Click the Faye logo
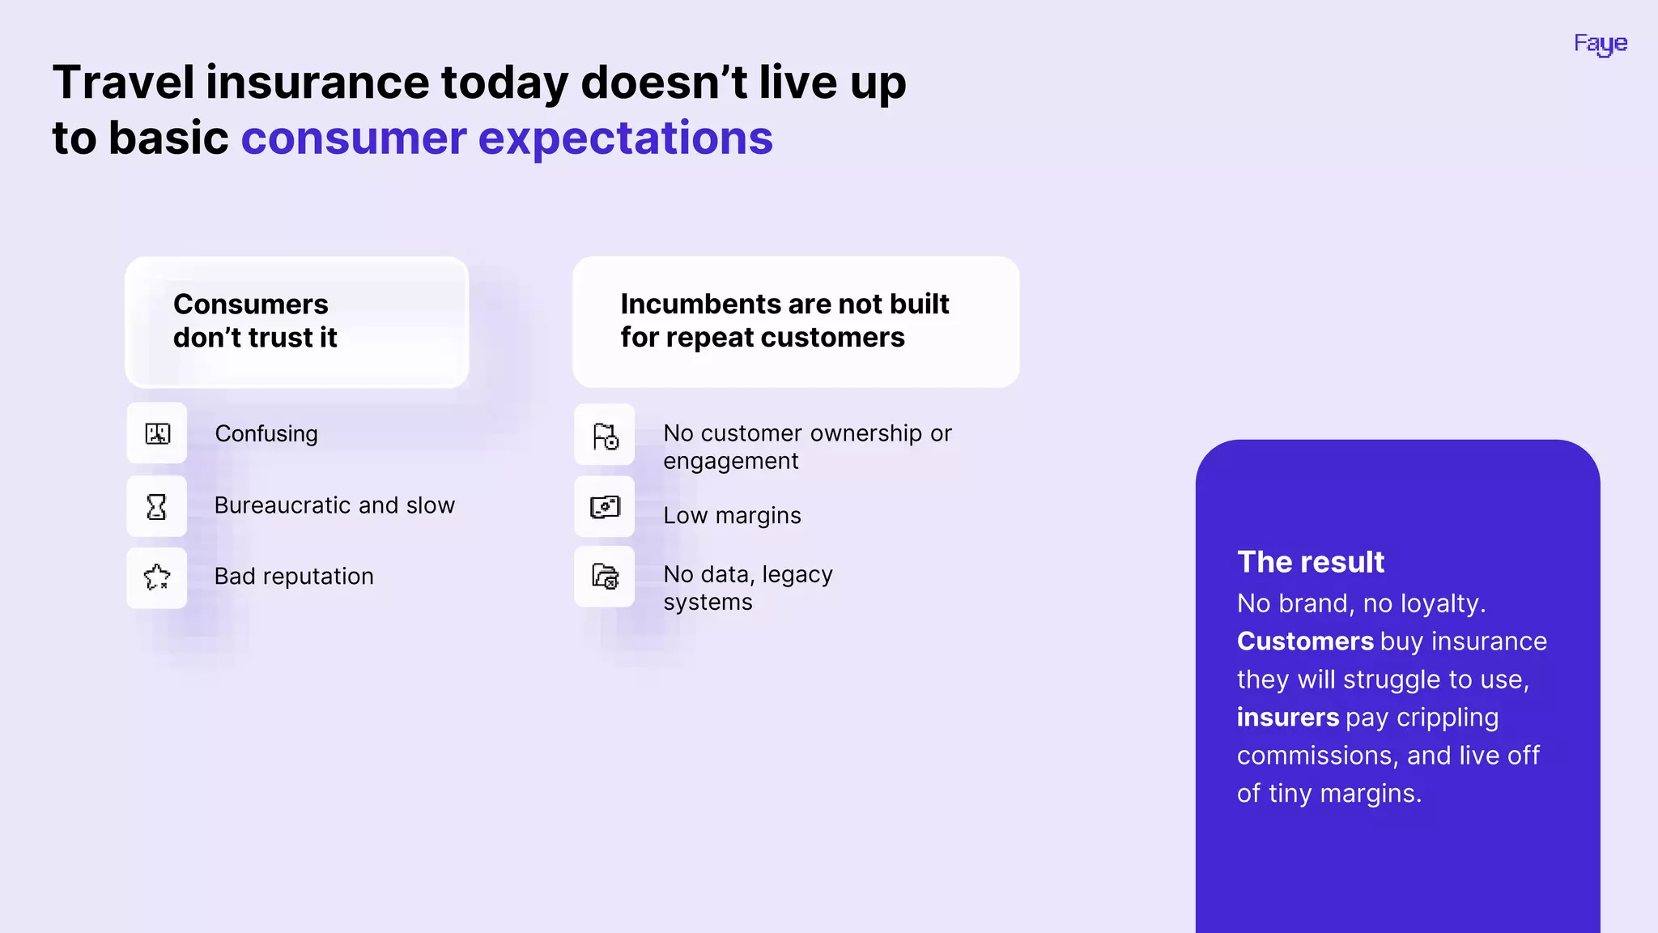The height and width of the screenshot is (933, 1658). point(1600,44)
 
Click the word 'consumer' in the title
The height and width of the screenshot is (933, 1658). point(354,138)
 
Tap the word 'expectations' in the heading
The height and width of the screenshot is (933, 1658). point(625,138)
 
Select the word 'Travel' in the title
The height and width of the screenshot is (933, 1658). point(123,83)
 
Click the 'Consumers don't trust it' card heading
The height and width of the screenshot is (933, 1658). point(254,321)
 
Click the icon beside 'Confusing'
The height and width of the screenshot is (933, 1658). point(157,433)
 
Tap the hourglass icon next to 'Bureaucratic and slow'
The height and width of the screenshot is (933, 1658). point(156,506)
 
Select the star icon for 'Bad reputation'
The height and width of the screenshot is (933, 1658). point(156,577)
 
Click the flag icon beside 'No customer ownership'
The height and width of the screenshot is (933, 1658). point(605,436)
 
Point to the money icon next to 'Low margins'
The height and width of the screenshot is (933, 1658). point(605,507)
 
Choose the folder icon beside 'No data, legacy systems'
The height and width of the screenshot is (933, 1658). point(605,577)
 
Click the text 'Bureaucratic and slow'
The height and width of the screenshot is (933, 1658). point(334,505)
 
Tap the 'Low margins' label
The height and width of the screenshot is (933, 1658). point(732,516)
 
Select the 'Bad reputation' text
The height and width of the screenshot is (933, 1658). point(294,577)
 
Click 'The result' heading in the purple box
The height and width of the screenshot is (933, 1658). point(1310,562)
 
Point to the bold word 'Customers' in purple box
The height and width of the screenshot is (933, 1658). point(1304,641)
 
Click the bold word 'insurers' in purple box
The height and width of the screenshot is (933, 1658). point(1287,718)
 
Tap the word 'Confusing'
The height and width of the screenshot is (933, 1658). point(266,434)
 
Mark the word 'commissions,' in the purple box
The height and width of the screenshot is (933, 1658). point(1317,756)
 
